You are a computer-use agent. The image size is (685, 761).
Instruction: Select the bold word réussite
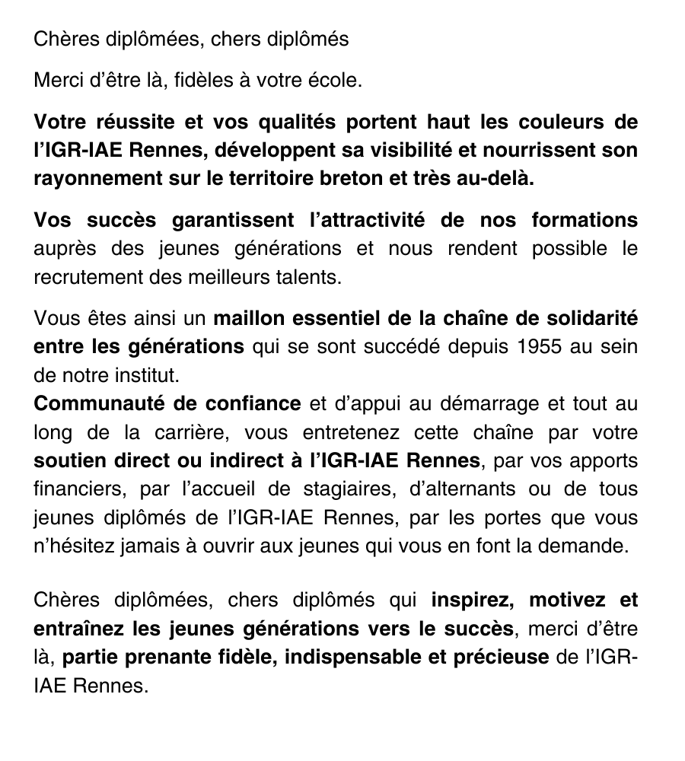[132, 122]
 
